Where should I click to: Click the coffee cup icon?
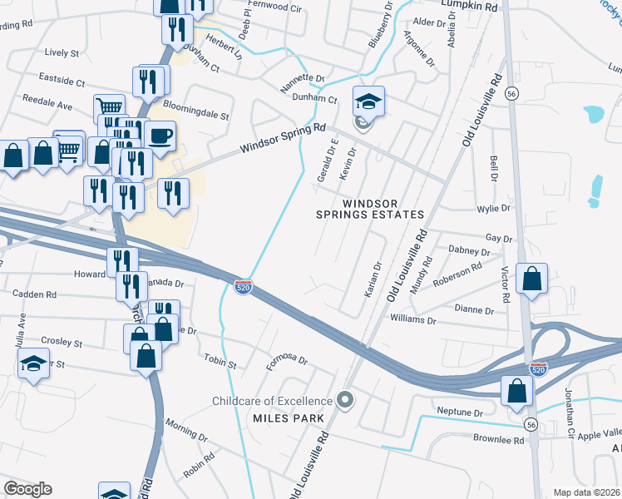coord(160,135)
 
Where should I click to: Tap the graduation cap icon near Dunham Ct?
coord(368,101)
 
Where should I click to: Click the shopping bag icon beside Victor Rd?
coord(531,279)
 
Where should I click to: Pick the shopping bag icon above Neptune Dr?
coord(517,388)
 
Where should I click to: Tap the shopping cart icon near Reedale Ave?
coord(109,107)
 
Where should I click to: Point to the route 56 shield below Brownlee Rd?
coord(531,424)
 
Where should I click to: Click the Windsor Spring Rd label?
coord(283,139)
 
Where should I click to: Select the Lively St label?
coord(62,52)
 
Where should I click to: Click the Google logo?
coord(27,489)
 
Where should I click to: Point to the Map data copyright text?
coord(587,492)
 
